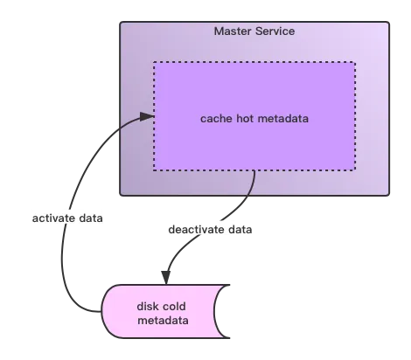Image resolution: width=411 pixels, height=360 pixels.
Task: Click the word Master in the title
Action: click(x=233, y=31)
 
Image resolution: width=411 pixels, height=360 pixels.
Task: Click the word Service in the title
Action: click(x=275, y=31)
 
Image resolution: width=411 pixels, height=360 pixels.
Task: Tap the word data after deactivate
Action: click(x=240, y=230)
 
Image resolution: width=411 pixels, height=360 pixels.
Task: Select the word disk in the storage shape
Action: click(x=147, y=306)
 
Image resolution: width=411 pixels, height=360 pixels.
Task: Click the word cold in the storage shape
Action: click(x=174, y=306)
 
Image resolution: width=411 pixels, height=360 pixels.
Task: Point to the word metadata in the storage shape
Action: click(x=163, y=321)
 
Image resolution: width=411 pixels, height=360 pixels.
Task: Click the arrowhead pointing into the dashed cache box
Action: click(x=147, y=116)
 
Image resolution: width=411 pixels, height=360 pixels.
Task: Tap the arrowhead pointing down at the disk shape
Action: click(x=166, y=278)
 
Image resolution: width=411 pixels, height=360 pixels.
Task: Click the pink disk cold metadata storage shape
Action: click(x=164, y=311)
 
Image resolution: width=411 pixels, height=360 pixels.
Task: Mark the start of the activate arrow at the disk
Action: click(x=101, y=312)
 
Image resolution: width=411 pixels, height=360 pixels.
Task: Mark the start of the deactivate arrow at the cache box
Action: click(x=254, y=170)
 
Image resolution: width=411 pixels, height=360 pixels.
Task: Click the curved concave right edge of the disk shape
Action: click(x=215, y=311)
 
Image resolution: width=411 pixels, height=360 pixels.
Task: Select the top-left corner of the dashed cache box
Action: click(x=154, y=62)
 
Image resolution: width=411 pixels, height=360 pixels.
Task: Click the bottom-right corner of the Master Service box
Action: click(x=389, y=195)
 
